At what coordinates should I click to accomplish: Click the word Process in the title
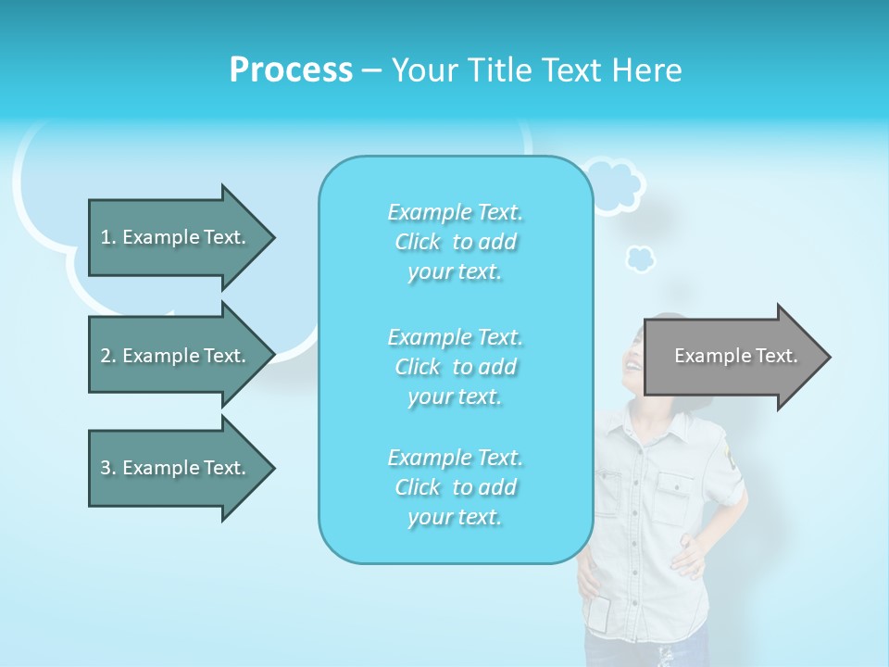[x=291, y=70]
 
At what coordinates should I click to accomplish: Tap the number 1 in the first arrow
[x=106, y=237]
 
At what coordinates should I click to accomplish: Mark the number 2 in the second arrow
[x=106, y=356]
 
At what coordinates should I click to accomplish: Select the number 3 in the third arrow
[x=106, y=468]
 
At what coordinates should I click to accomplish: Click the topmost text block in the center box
[x=455, y=242]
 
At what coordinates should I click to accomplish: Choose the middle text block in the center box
[x=455, y=367]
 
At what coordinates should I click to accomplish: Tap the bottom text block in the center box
[x=455, y=487]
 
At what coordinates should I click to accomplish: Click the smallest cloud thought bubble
[x=640, y=258]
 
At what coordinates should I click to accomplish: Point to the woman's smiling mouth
[x=632, y=364]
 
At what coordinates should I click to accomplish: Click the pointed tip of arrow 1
[x=274, y=237]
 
